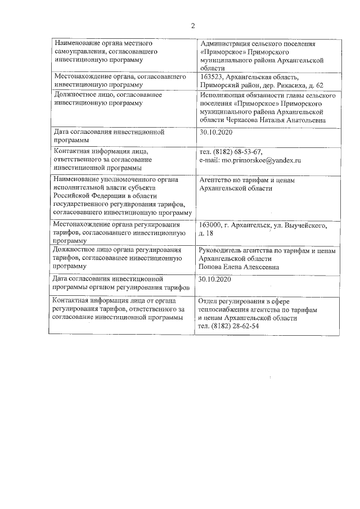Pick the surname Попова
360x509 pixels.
(x=212, y=268)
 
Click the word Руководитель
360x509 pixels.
(x=222, y=251)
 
